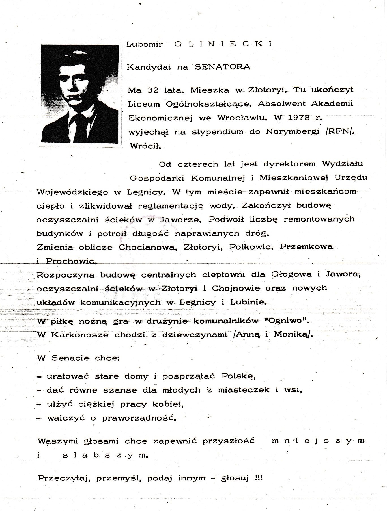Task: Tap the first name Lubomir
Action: tap(144, 44)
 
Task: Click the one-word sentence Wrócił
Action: tap(145, 146)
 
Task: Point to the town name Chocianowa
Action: tap(148, 247)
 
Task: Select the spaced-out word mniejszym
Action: tap(318, 441)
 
